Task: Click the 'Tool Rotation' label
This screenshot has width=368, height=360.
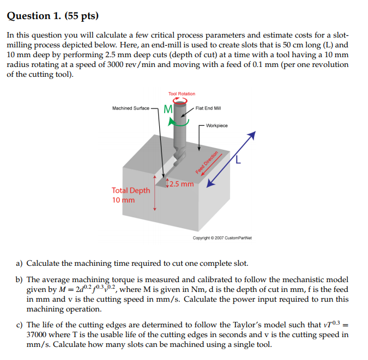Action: coord(182,94)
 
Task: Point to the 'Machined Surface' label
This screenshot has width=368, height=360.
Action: coord(130,108)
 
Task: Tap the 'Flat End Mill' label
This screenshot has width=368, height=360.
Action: coord(208,108)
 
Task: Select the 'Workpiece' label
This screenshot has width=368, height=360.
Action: coord(217,126)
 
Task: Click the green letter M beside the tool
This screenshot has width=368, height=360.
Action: coord(168,109)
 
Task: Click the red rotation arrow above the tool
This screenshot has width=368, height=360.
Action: coord(180,101)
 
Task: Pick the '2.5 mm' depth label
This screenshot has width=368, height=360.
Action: coord(182,184)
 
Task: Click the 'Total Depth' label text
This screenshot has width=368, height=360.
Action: coord(131,191)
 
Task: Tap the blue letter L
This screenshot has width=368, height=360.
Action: coord(238,160)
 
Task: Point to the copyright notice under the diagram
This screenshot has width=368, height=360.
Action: coord(222,238)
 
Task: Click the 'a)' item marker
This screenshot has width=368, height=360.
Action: coord(19,264)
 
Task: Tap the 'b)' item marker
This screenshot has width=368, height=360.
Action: coord(19,279)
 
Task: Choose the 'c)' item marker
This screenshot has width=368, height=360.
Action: coord(19,325)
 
